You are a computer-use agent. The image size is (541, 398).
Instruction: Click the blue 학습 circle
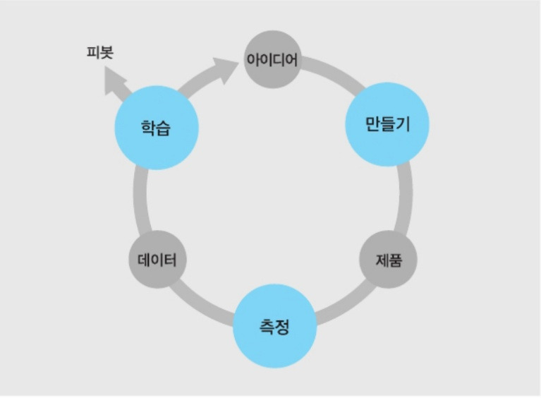[x=157, y=128]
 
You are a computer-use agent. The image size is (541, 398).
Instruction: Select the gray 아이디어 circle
[x=272, y=59]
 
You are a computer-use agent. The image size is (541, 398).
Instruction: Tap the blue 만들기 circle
[x=387, y=124]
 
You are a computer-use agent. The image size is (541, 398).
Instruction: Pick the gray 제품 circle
[x=388, y=259]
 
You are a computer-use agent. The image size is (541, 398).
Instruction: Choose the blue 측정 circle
[x=274, y=325]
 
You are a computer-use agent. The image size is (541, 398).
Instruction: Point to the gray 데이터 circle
[x=157, y=260]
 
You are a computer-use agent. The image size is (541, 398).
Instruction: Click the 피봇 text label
[x=99, y=52]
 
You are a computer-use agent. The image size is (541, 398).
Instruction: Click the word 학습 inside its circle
[x=157, y=128]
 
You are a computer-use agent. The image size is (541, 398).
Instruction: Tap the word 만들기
[x=387, y=125]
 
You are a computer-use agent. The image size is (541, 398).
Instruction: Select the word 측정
[x=274, y=326]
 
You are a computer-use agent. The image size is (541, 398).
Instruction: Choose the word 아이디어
[x=272, y=60]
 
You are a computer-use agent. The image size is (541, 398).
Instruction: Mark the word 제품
[x=388, y=260]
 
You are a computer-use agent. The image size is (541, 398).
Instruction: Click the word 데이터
[x=157, y=260]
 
